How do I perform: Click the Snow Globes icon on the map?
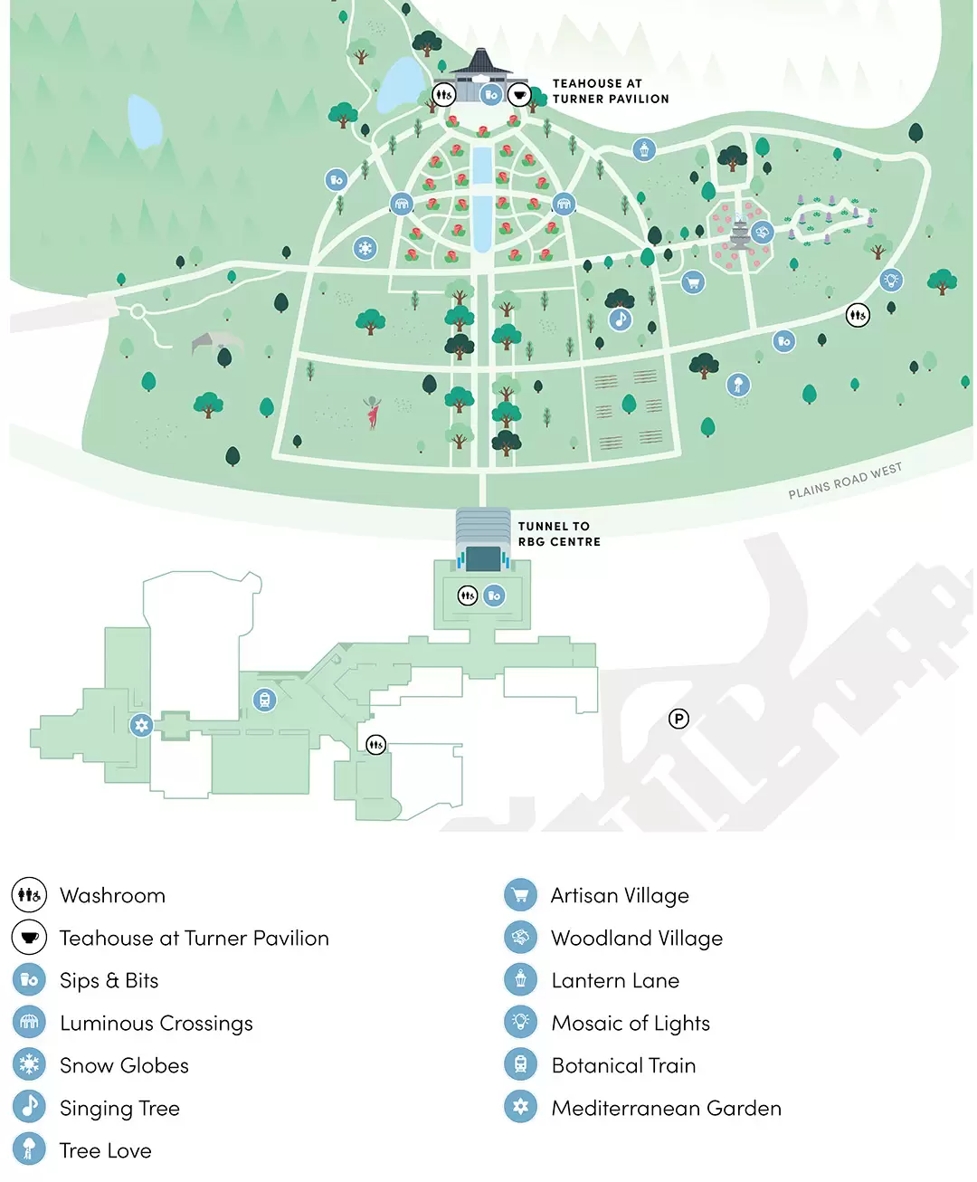pyautogui.click(x=365, y=247)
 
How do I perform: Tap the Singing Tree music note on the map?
pyautogui.click(x=620, y=319)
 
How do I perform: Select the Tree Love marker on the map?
pyautogui.click(x=738, y=385)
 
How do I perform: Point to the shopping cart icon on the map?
pyautogui.click(x=693, y=282)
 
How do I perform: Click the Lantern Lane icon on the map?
pyautogui.click(x=644, y=149)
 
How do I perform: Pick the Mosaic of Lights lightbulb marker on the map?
pyautogui.click(x=891, y=279)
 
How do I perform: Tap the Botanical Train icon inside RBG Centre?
pyautogui.click(x=264, y=700)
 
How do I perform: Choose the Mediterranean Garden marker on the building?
pyautogui.click(x=141, y=725)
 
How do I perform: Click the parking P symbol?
pyautogui.click(x=678, y=719)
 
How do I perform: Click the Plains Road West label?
pyautogui.click(x=845, y=481)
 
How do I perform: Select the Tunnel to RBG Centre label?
pyautogui.click(x=559, y=534)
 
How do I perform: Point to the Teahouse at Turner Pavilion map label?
pyautogui.click(x=611, y=91)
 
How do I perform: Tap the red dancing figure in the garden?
pyautogui.click(x=372, y=412)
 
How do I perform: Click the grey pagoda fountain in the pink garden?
pyautogui.click(x=740, y=234)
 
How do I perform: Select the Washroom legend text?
pyautogui.click(x=112, y=895)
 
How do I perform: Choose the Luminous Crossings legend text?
pyautogui.click(x=156, y=1024)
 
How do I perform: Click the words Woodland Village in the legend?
pyautogui.click(x=637, y=939)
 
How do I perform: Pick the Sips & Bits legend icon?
pyautogui.click(x=29, y=980)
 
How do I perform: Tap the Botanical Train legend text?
pyautogui.click(x=623, y=1066)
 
